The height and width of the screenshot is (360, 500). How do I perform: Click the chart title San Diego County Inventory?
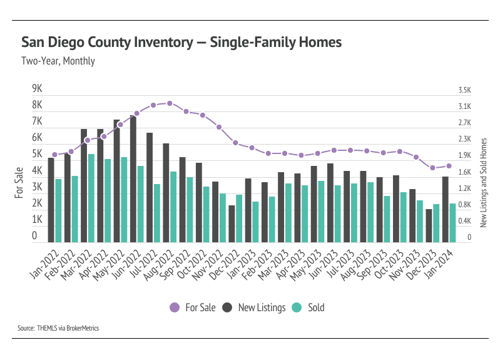pos(181,43)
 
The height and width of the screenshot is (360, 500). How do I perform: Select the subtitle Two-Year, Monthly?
pos(58,61)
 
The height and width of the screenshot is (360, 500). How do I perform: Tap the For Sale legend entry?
pos(193,307)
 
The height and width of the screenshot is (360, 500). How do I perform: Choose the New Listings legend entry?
pos(256,307)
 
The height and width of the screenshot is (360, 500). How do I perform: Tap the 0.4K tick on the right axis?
pos(464,221)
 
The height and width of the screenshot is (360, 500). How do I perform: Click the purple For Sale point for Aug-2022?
pos(170,103)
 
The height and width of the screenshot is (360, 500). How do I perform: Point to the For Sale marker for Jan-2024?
pos(449,166)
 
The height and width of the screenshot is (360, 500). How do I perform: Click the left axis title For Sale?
pos(19,182)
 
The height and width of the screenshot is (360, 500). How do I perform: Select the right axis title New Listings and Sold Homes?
pos(483,182)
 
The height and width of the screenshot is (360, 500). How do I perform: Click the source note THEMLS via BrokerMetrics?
pos(58,328)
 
